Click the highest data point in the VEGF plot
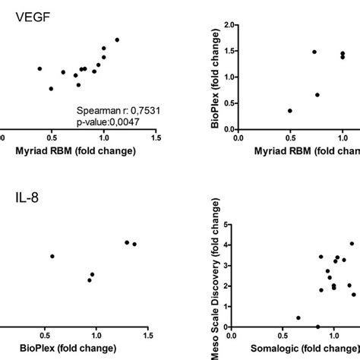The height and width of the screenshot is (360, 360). click(117, 39)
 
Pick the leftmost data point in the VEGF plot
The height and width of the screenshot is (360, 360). click(39, 68)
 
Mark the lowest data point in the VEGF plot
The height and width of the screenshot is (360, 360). click(51, 89)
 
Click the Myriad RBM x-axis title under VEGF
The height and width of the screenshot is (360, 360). click(76, 150)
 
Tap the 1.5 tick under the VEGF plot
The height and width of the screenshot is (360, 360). click(156, 138)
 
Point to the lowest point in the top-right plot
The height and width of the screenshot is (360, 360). click(290, 111)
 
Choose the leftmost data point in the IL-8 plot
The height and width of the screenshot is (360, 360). click(52, 256)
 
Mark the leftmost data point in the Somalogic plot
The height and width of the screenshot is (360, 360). click(298, 317)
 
